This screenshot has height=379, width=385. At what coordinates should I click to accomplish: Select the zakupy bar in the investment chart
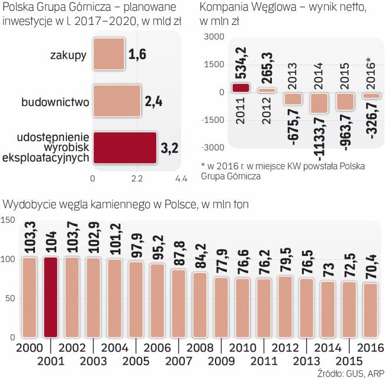[x=108, y=55]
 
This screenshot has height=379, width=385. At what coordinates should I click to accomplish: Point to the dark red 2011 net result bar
[x=240, y=88]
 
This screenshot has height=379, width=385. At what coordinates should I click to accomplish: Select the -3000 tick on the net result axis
[x=211, y=147]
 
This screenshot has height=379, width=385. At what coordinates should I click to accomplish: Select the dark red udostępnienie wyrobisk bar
[x=124, y=147]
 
